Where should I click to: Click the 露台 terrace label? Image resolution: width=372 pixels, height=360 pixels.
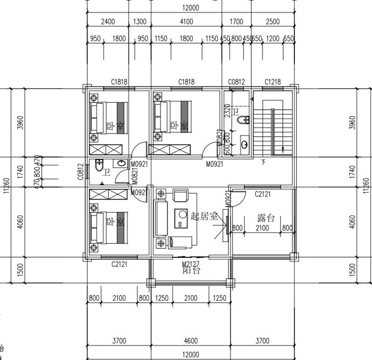[266, 218]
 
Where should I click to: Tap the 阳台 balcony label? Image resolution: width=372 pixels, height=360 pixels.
[191, 270]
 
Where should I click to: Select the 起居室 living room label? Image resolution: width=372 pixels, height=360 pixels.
[204, 215]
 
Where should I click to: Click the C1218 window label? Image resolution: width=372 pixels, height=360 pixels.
[273, 82]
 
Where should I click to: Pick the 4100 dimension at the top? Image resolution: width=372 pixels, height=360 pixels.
[186, 21]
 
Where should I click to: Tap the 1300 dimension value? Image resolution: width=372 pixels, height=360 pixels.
[139, 21]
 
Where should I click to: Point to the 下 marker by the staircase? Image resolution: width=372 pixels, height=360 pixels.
[264, 162]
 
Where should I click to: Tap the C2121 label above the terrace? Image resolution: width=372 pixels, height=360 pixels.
[263, 194]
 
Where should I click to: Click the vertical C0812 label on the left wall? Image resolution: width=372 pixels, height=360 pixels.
[80, 172]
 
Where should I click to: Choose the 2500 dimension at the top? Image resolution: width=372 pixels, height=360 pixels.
[272, 21]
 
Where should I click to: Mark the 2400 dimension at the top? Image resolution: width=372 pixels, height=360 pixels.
[108, 21]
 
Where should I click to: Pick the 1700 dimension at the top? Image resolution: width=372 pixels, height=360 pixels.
[237, 21]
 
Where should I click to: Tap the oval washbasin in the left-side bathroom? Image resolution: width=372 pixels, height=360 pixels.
[121, 163]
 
